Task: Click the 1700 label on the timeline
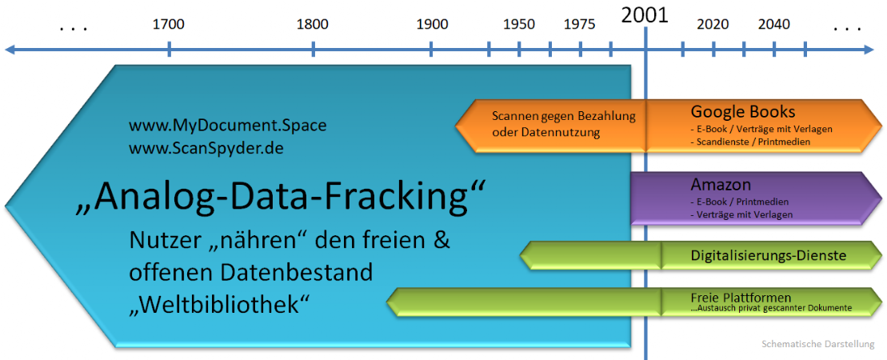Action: (169, 24)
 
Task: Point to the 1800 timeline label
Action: (312, 24)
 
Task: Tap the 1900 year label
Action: (432, 24)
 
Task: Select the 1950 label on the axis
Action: (519, 24)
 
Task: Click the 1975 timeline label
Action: (580, 24)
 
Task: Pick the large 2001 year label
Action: (645, 15)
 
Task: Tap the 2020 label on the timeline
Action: (713, 24)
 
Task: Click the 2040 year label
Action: (774, 24)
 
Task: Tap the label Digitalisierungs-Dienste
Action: (768, 256)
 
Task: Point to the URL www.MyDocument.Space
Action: (228, 125)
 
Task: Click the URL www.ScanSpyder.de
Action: (206, 148)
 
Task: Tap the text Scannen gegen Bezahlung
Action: (564, 117)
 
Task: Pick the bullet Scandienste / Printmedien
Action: (751, 142)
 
